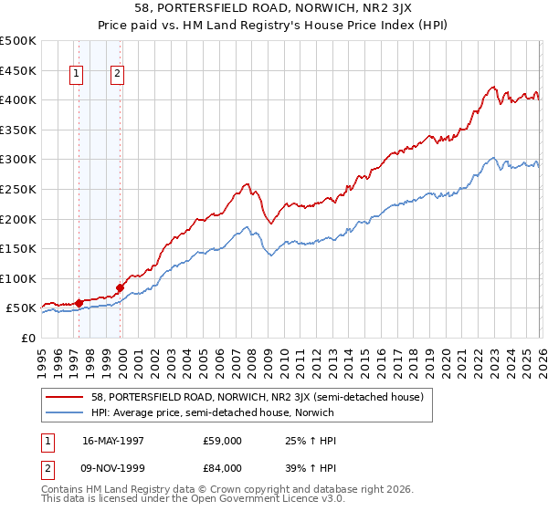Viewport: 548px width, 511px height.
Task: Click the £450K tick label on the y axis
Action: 18,70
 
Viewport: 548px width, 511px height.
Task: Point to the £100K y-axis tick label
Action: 18,278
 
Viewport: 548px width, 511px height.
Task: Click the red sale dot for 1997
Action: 79,302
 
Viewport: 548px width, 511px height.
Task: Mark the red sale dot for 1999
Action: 120,287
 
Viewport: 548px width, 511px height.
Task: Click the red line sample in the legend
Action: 65,397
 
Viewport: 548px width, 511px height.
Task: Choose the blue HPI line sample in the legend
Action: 65,412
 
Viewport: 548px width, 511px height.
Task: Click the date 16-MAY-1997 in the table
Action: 114,441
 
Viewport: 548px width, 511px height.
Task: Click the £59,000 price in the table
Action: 222,441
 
